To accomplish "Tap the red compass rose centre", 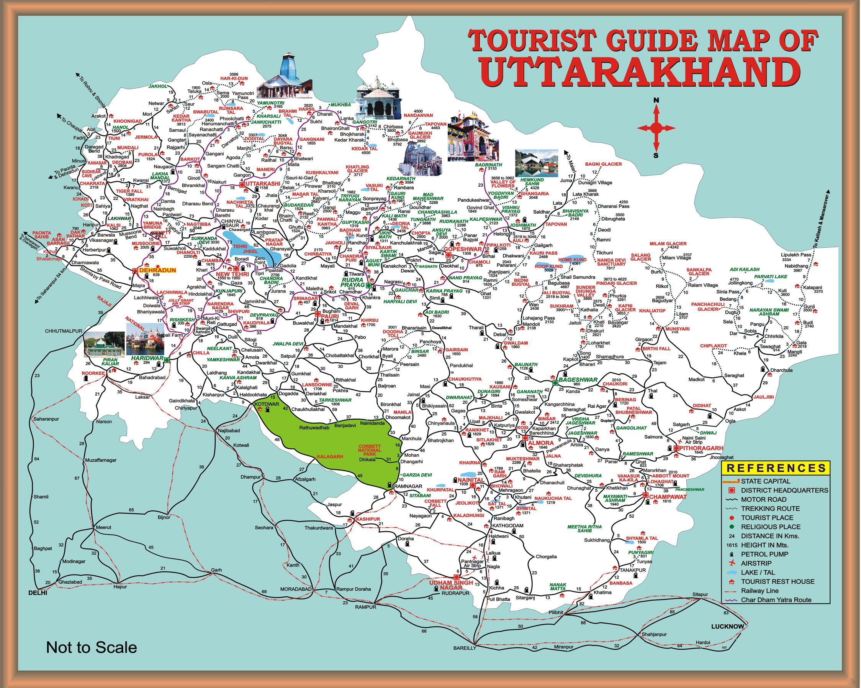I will (656, 128).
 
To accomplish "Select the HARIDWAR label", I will (147, 358).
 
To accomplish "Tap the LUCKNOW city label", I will (728, 626).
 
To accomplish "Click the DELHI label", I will (38, 593).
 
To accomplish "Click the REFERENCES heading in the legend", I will (776, 468).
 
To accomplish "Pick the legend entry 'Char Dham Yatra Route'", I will (776, 600).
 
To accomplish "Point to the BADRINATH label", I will (488, 165).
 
